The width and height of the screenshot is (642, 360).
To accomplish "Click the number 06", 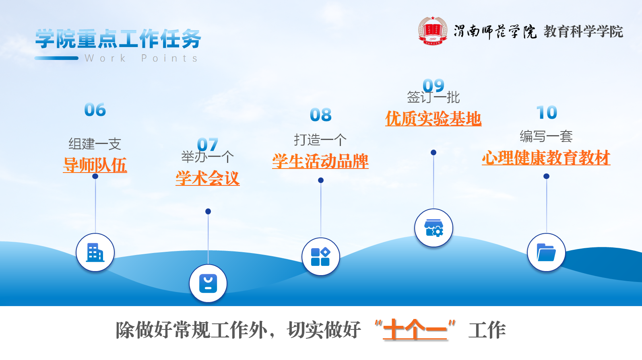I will coord(95,110).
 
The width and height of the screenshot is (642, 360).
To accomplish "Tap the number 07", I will coord(208,144).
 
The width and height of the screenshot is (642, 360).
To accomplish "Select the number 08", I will coord(321,115).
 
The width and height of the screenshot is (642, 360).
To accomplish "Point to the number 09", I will coord(434,85).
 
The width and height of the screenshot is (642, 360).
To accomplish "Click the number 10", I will coord(547,113).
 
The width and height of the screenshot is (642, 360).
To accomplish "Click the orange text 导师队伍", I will coord(95,165).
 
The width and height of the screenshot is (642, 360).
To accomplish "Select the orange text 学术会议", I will coord(208,178).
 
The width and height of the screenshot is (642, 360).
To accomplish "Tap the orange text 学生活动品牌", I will coord(320,161).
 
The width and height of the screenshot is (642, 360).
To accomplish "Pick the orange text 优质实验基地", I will coord(434,119).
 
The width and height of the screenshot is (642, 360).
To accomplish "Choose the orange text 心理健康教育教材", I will coord(546,158).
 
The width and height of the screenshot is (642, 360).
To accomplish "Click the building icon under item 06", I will coord(95,253).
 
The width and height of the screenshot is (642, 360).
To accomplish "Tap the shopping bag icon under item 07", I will coord(208,284).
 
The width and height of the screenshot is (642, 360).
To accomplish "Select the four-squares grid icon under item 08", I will coord(321,257).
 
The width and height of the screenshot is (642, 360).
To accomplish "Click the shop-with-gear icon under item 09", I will coord(434,228).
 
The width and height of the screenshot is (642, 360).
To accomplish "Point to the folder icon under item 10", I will coord(546,253).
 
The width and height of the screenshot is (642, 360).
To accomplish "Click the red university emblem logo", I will coord(433,31).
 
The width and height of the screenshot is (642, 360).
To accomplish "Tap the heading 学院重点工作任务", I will coord(118,39).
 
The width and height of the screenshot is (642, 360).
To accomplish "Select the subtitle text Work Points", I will coord(141,58).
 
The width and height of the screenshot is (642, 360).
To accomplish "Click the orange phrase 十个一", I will coord(415,330).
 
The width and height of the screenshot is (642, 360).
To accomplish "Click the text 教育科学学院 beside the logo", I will coord(583,31).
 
